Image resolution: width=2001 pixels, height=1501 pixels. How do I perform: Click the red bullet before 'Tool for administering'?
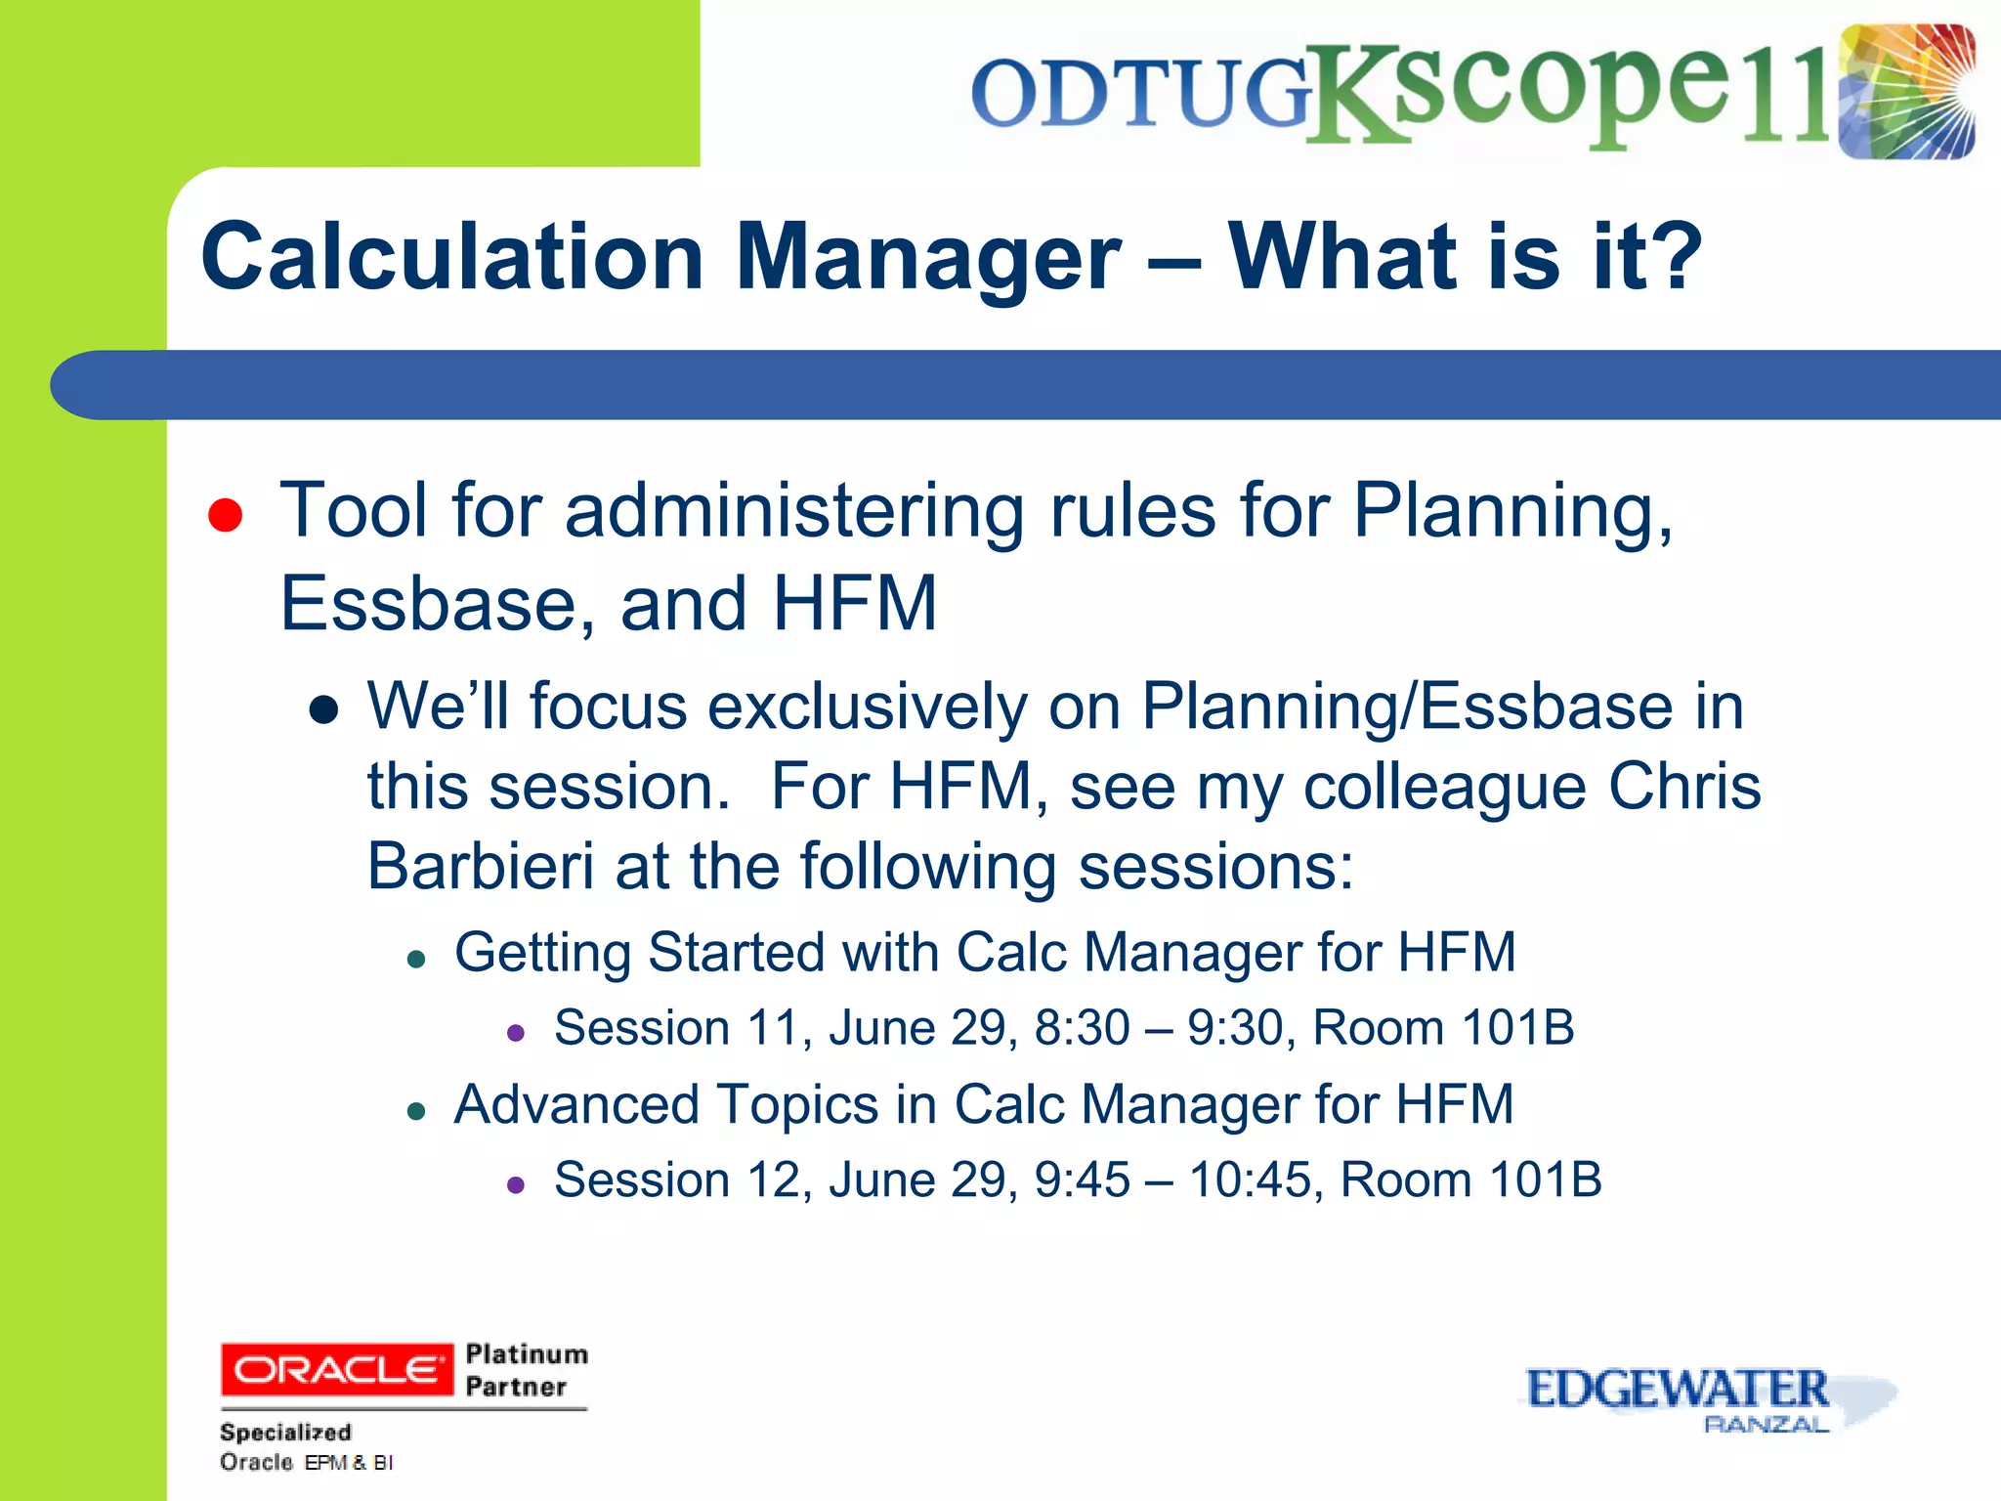(x=225, y=514)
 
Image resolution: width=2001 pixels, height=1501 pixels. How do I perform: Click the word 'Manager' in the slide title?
(x=927, y=258)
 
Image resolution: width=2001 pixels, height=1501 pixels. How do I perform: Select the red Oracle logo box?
(x=337, y=1369)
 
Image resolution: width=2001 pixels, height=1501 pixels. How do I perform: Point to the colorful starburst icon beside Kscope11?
(x=1905, y=92)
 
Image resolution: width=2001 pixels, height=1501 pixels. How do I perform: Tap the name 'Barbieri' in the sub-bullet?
(x=480, y=866)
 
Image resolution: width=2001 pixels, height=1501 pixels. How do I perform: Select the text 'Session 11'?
(x=674, y=1028)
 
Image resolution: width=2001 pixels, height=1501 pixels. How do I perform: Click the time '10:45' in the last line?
(x=1250, y=1179)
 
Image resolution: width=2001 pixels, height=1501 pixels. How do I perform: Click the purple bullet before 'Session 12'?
(x=516, y=1185)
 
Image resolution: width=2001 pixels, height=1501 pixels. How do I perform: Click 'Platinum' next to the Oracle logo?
(x=526, y=1353)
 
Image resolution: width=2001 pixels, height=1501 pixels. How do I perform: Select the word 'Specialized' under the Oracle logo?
(x=285, y=1432)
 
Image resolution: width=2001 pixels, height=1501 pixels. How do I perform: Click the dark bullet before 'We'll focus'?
(x=323, y=710)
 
